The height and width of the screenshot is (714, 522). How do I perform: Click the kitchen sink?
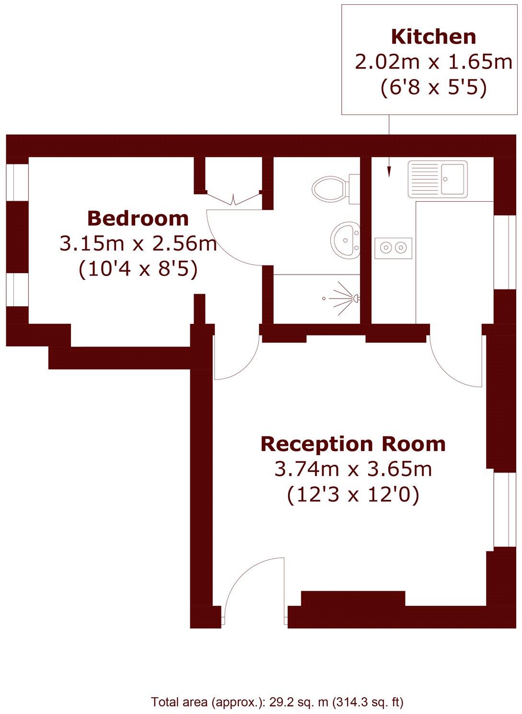437,179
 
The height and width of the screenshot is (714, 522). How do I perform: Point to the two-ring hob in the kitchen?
393,247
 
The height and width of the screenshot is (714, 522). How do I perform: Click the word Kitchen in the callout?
433,37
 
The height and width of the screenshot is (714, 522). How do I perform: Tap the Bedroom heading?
138,219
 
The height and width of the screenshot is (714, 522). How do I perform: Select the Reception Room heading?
353,444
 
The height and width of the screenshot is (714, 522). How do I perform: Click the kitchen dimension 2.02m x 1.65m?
433,62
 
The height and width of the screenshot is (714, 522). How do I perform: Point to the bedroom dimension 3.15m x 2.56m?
138,244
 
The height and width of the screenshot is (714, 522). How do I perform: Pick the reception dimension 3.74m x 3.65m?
353,469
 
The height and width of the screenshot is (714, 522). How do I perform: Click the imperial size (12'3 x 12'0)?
353,495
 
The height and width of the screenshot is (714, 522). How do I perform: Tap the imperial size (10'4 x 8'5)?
138,269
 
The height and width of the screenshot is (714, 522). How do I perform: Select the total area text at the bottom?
277,702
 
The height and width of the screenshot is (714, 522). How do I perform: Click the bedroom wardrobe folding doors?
233,198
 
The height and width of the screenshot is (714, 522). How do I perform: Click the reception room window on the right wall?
501,509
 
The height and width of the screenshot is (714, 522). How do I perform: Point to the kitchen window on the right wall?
501,252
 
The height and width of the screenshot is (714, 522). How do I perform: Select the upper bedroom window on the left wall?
17,182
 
